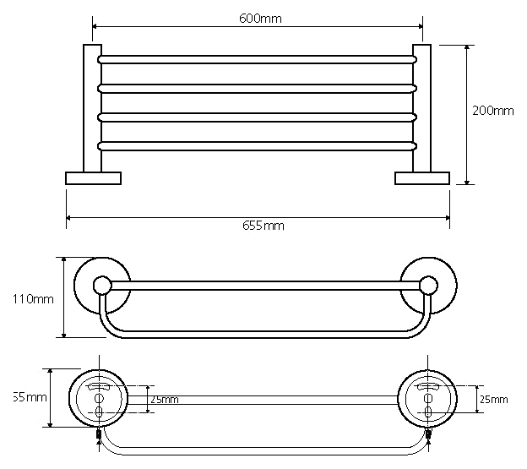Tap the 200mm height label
492,111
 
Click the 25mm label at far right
493,399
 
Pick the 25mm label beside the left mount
164,399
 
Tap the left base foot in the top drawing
93,177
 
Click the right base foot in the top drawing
422,177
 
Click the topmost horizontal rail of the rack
257,60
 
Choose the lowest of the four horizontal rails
257,146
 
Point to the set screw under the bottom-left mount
101,435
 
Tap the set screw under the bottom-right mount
429,435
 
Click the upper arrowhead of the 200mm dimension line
467,49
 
